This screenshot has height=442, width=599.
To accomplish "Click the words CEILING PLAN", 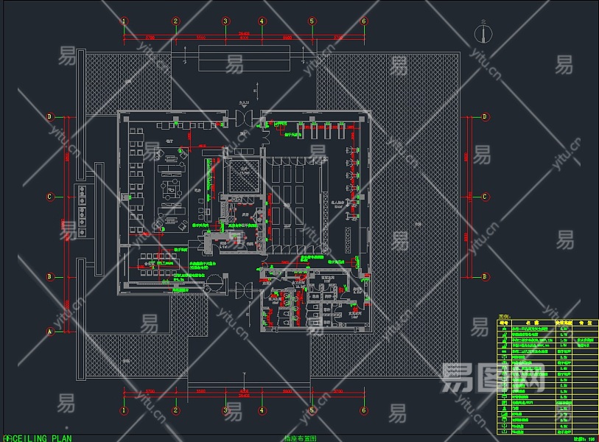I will click(38, 438).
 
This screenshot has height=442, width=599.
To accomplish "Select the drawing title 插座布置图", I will click(300, 438).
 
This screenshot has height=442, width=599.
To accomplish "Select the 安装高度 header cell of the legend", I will click(564, 322).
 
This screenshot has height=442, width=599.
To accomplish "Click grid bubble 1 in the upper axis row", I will click(124, 21).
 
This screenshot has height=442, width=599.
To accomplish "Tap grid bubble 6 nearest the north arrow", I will click(363, 21).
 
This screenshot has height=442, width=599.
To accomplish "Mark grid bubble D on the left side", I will click(50, 116).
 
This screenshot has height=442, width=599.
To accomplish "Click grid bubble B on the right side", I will click(486, 277).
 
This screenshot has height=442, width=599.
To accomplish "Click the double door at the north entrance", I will click(245, 118).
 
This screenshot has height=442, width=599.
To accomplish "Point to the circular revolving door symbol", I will click(214, 281).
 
